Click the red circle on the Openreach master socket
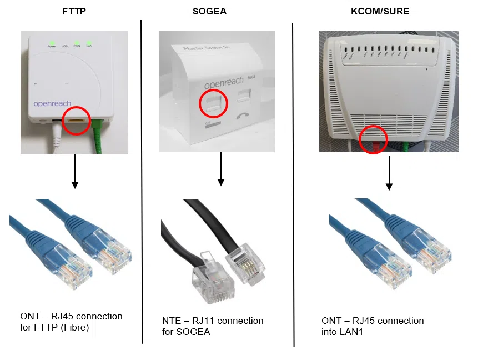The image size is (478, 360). pos(214,104)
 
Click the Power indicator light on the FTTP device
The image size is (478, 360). pos(51,42)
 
